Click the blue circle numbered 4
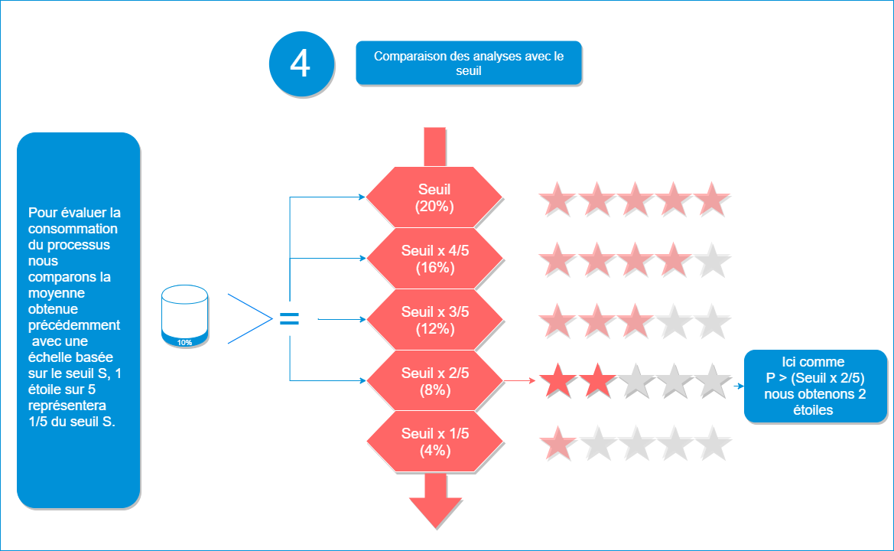(x=301, y=64)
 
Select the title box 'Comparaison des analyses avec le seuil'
(x=468, y=63)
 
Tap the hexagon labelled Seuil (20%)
(x=434, y=197)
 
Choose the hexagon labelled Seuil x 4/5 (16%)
(x=434, y=259)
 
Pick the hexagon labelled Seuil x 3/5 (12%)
(x=434, y=320)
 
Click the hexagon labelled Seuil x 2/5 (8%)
(x=434, y=381)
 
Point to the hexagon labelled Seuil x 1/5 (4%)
(x=434, y=442)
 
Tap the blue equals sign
(x=289, y=319)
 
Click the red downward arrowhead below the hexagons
(x=435, y=510)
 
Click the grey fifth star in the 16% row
(x=713, y=260)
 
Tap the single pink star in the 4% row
(x=558, y=444)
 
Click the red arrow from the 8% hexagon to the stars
(x=520, y=379)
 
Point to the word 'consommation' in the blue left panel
(x=73, y=229)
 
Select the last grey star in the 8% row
(x=713, y=381)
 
